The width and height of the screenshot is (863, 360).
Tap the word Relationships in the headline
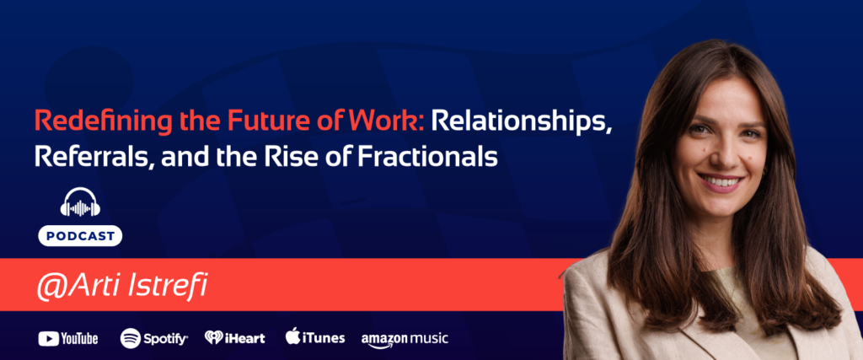(521, 122)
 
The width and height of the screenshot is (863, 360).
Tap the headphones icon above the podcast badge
(80, 203)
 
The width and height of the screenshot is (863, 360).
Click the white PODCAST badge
(80, 236)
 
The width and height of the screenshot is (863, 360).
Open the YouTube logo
(68, 338)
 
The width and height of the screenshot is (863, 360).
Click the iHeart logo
(235, 338)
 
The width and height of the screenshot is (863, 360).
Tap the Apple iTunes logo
(314, 337)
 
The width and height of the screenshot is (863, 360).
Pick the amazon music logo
(405, 338)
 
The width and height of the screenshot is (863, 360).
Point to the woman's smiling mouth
(721, 180)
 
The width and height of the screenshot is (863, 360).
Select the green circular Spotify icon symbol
(130, 338)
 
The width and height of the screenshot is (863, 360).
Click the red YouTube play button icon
(47, 338)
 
